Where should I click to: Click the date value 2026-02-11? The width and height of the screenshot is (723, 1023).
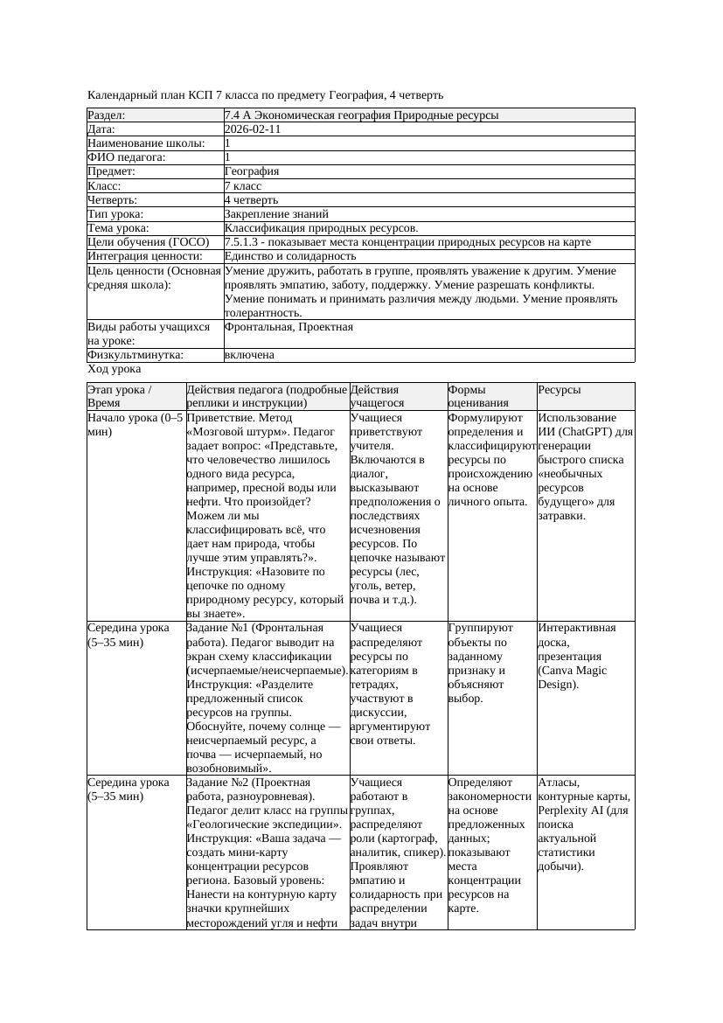pyautogui.click(x=253, y=129)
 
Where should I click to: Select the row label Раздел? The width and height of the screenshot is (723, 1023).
pyautogui.click(x=107, y=115)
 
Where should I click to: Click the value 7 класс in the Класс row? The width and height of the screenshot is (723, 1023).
pyautogui.click(x=243, y=186)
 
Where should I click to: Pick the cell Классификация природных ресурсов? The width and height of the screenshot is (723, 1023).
pyautogui.click(x=321, y=228)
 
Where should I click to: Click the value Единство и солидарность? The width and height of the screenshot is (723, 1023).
pyautogui.click(x=289, y=256)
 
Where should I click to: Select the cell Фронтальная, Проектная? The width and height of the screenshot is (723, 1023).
pyautogui.click(x=289, y=327)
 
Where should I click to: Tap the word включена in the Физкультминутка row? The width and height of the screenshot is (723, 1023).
pyautogui.click(x=249, y=355)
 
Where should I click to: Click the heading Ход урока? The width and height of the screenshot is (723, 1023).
pyautogui.click(x=114, y=369)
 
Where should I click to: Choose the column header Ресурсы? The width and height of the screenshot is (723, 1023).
pyautogui.click(x=560, y=390)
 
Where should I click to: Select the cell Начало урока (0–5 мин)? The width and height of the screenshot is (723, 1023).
pyautogui.click(x=136, y=425)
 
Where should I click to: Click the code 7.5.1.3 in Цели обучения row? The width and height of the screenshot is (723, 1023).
pyautogui.click(x=246, y=242)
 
